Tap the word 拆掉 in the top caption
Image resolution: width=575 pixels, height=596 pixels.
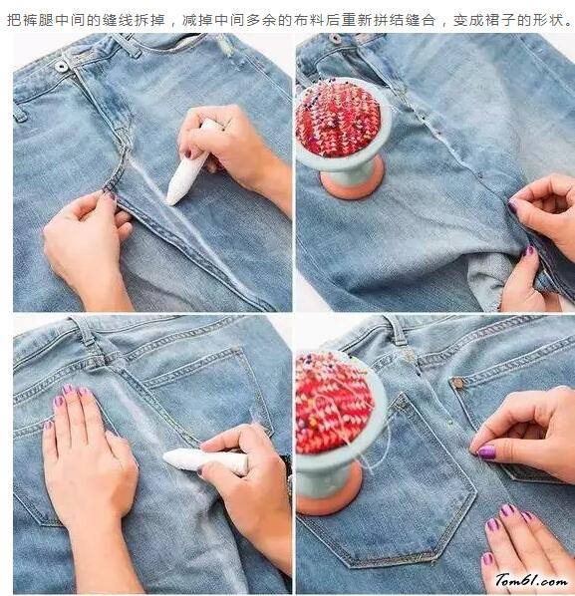(150, 20)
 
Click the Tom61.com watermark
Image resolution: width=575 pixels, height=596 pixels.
(531, 580)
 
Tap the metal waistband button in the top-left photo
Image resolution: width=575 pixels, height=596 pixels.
(61, 67)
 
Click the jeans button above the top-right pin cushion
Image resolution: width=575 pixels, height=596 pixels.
(335, 38)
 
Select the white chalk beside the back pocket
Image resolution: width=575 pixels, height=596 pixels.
(205, 459)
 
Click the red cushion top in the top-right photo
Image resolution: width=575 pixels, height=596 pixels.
(338, 119)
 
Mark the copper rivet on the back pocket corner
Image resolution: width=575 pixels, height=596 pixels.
(459, 384)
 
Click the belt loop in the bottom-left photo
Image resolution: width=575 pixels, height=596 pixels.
(86, 330)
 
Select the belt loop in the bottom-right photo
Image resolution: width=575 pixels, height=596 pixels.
(399, 330)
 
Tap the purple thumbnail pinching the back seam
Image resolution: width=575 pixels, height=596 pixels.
(487, 452)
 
